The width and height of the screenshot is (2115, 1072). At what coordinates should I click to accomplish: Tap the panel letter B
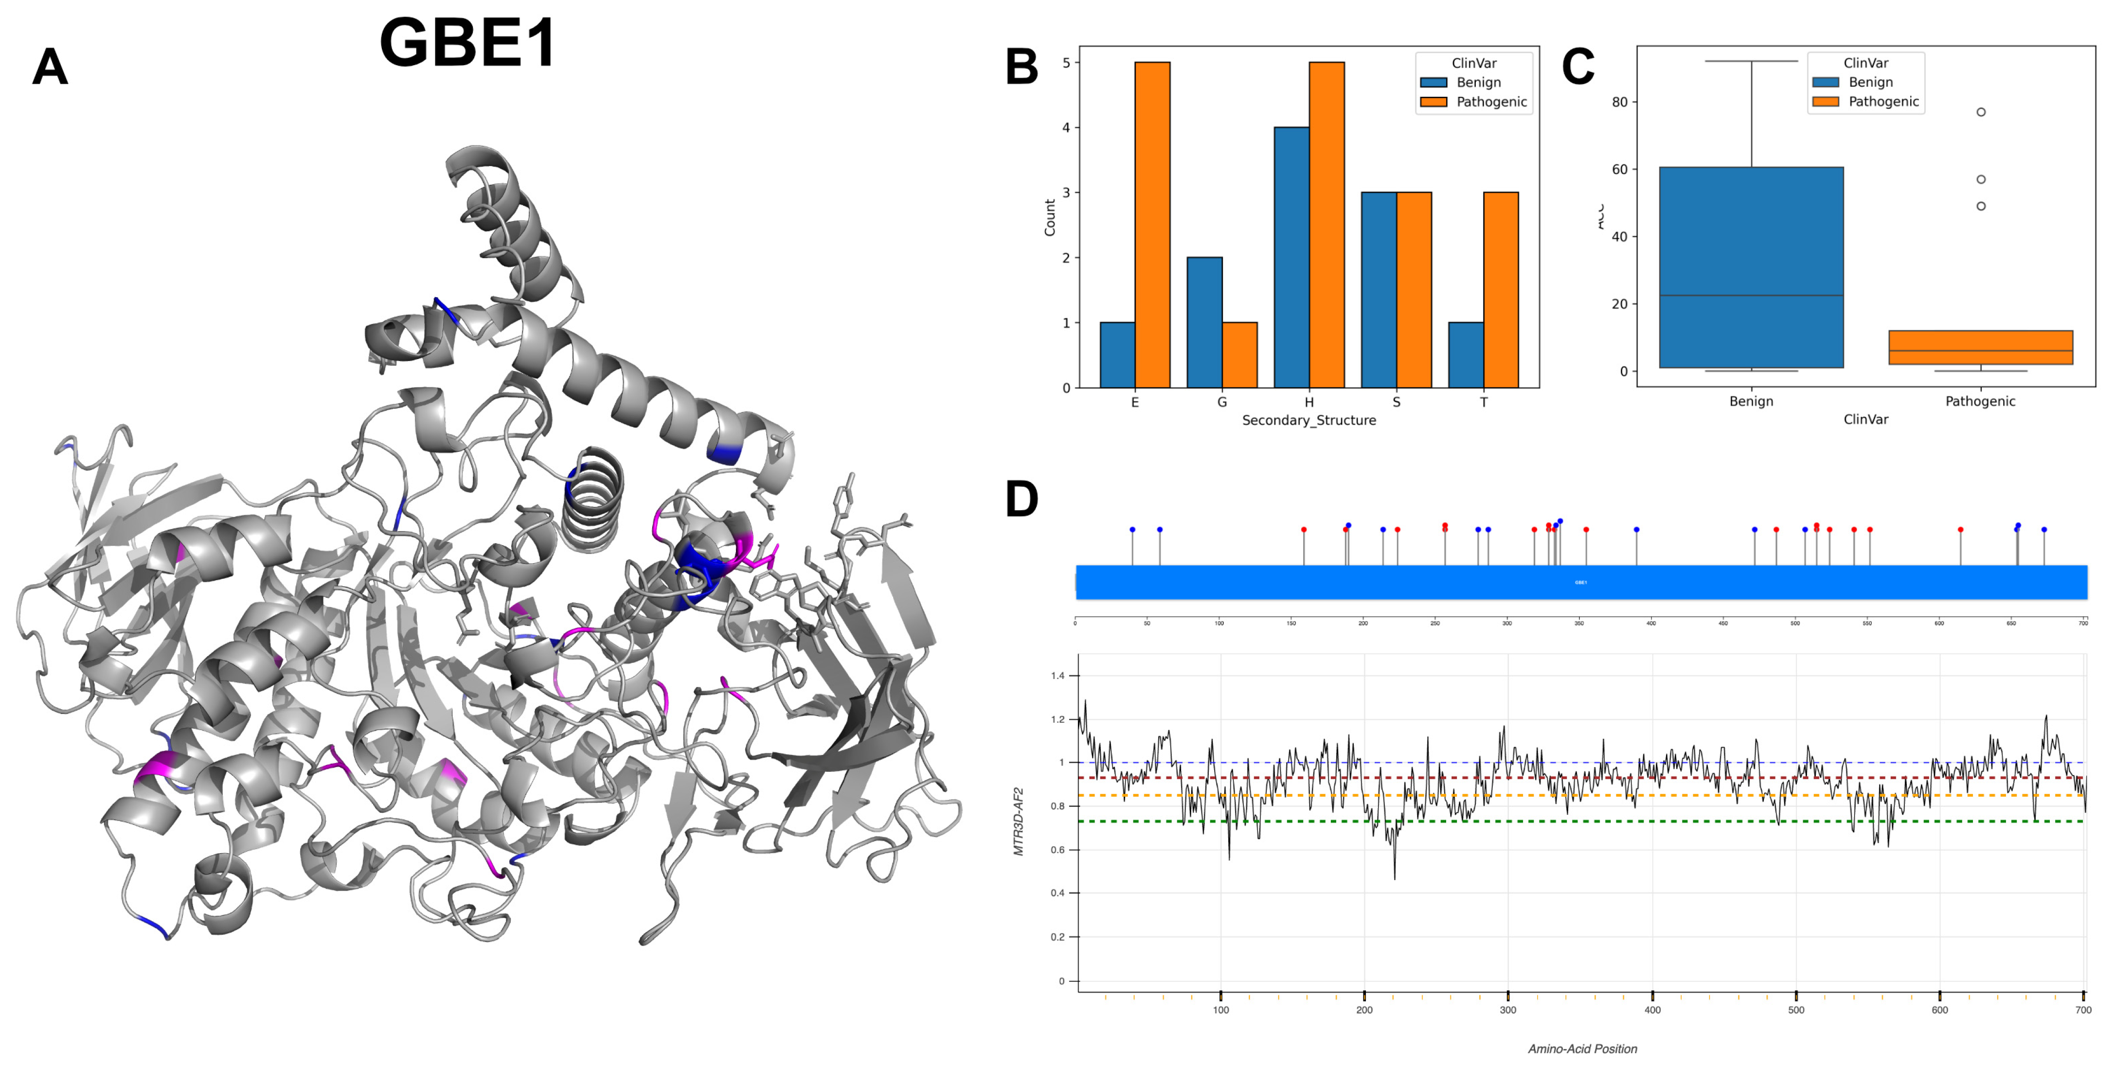click(x=1022, y=67)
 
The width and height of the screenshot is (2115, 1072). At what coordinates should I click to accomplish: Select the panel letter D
click(x=1022, y=499)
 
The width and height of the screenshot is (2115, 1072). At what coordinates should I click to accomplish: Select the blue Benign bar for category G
click(x=1204, y=322)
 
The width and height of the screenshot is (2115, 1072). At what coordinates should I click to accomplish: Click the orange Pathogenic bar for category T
click(x=1500, y=290)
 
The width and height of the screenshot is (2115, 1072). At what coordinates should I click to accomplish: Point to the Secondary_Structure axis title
click(x=1308, y=420)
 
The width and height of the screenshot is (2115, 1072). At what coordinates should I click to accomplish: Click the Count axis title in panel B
click(x=1049, y=217)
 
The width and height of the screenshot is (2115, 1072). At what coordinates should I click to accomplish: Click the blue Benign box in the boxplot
click(x=1751, y=268)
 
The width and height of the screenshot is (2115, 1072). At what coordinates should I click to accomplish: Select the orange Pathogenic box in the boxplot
click(x=1980, y=347)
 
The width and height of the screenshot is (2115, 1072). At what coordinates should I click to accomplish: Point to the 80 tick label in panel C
click(x=1619, y=102)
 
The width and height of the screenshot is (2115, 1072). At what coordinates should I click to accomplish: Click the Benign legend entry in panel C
click(x=1870, y=82)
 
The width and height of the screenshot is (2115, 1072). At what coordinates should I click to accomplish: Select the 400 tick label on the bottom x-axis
click(x=1652, y=1010)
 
